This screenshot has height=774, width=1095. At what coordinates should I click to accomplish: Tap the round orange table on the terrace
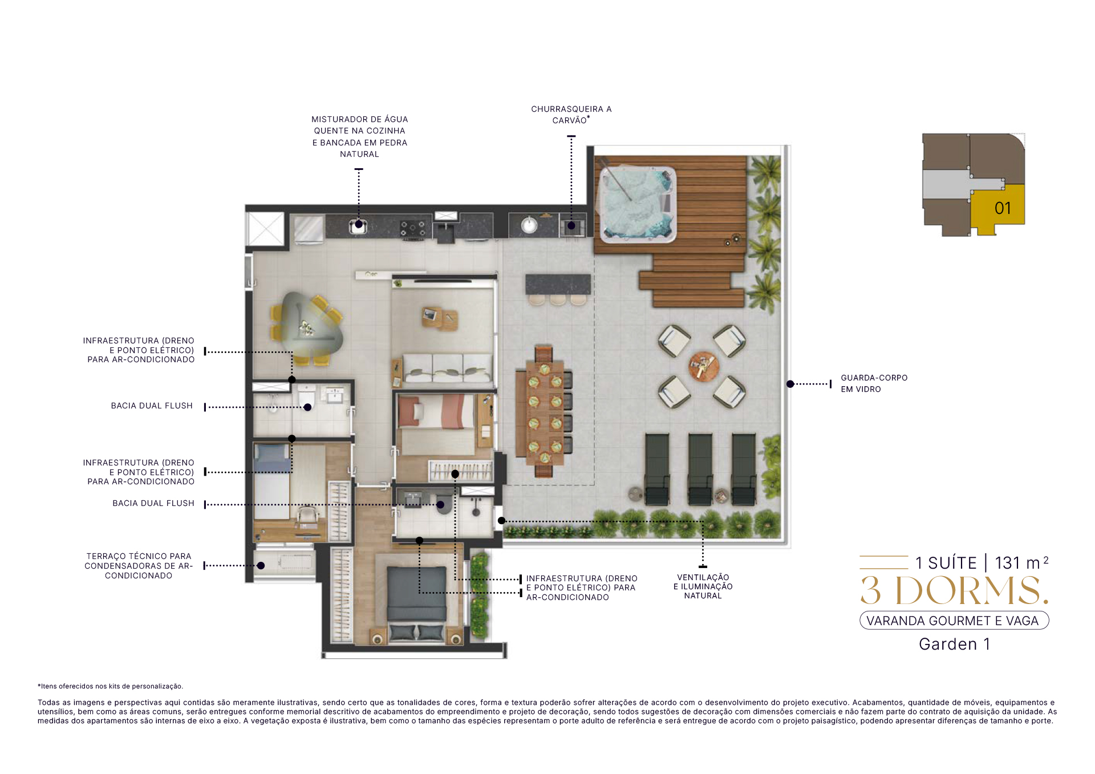[703, 366]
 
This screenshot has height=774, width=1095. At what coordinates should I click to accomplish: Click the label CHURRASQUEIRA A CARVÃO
[571, 114]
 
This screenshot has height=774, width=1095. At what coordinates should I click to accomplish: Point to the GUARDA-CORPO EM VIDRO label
[874, 383]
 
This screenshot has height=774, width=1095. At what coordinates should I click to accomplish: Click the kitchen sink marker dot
[359, 224]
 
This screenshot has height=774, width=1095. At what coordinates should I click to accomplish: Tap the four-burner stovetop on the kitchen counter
[412, 229]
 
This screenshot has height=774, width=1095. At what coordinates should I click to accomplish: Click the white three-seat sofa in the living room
[447, 368]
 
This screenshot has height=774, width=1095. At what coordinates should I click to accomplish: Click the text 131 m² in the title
[1021, 562]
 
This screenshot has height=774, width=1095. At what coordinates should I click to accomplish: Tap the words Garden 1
[954, 644]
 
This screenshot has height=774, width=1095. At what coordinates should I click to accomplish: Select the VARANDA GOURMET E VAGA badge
[954, 621]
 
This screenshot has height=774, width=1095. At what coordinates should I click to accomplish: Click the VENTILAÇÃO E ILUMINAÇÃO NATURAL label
[703, 586]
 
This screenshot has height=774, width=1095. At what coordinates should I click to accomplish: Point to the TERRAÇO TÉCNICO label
[139, 565]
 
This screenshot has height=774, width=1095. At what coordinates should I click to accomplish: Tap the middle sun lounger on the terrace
[700, 469]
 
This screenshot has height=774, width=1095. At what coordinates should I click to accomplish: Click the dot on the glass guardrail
[790, 384]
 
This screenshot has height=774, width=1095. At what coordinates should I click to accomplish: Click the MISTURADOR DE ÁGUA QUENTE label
[359, 136]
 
